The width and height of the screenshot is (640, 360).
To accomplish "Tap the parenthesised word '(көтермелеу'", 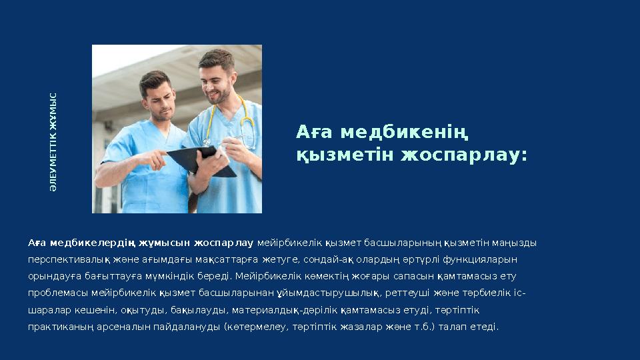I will [x=254, y=327].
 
